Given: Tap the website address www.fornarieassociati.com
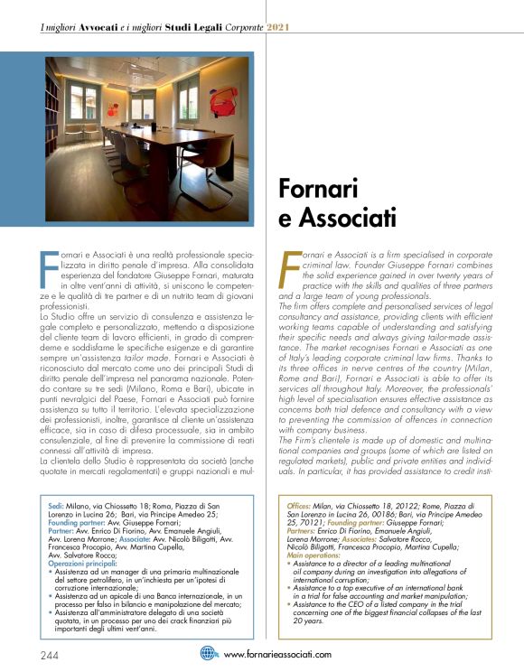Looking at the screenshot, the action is [276, 654].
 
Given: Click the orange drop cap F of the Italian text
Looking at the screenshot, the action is [50, 267].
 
